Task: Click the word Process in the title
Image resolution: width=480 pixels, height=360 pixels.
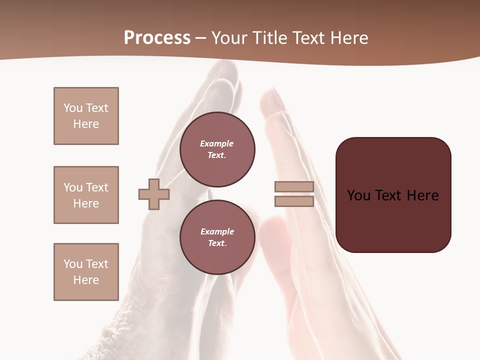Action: coord(157,37)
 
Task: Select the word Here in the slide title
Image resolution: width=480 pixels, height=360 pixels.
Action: coord(349,37)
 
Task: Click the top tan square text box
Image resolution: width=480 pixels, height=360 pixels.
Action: coord(86,116)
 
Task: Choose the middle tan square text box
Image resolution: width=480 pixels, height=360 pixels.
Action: coord(86,195)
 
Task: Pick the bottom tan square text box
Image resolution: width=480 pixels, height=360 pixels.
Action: coord(86,272)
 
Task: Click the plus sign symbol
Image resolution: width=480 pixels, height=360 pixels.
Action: coord(154,194)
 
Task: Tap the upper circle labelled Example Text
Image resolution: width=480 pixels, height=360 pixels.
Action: coord(217,149)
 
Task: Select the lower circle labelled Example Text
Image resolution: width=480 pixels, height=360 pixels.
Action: coord(217,237)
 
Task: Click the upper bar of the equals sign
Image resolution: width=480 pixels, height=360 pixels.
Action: coord(294,186)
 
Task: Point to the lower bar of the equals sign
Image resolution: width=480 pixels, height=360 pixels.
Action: coord(294,201)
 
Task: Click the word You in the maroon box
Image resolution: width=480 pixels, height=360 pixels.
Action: coord(358,195)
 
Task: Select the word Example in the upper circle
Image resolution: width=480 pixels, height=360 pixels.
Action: coord(217,143)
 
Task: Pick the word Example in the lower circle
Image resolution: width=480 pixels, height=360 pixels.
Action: coord(217,231)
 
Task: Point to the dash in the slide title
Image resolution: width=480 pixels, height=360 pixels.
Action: coord(201,38)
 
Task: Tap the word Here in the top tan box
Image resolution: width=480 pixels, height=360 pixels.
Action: coord(86,124)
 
